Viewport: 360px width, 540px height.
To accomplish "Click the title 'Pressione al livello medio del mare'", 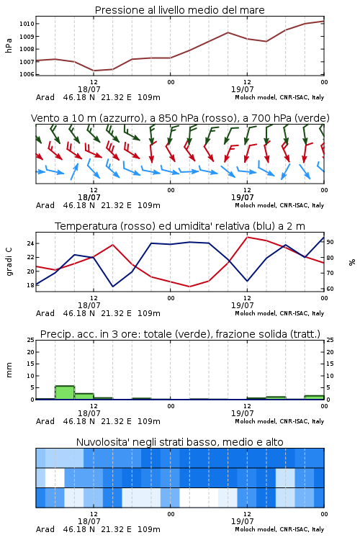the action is [x=179, y=10].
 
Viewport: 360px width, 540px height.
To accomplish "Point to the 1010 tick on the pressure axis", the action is [x=27, y=24].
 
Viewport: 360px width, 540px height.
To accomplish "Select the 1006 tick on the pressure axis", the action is [x=27, y=74].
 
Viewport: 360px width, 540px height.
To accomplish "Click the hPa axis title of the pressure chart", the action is [x=9, y=45].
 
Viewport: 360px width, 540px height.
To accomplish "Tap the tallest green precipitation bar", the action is [x=65, y=392].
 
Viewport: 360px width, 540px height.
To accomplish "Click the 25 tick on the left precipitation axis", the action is [x=31, y=340].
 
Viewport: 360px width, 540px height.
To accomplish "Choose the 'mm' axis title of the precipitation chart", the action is [x=9, y=370].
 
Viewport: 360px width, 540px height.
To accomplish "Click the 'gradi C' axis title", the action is [x=9, y=261].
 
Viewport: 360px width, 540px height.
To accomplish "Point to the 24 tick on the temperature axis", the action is [x=31, y=243].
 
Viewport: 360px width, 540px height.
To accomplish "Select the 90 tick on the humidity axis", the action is [x=330, y=242].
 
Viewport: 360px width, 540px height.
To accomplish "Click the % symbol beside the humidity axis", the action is [x=352, y=262].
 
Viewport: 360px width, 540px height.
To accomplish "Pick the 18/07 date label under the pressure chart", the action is [x=89, y=89].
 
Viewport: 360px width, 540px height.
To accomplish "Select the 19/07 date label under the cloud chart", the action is [x=242, y=521].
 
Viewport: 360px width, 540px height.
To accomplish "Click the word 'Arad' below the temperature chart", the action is [x=45, y=313].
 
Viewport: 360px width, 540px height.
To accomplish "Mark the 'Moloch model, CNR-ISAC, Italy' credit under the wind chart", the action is [x=279, y=205].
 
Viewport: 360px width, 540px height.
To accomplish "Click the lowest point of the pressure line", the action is [x=94, y=71].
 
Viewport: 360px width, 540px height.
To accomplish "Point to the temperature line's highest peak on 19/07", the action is [x=247, y=237].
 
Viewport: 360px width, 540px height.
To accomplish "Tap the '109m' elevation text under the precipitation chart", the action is [x=149, y=421].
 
